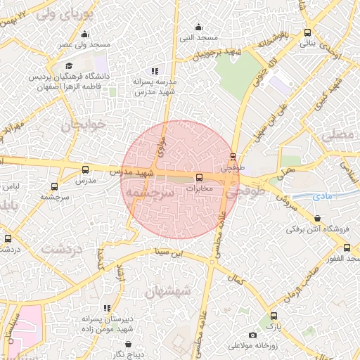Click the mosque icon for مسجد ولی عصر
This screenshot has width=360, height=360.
85,35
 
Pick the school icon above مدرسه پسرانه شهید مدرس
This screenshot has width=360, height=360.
155,71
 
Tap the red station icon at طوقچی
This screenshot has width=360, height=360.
233,157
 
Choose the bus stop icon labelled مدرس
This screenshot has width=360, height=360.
86,169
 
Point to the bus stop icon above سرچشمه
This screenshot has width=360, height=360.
55,187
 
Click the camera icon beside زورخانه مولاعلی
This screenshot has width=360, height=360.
253,336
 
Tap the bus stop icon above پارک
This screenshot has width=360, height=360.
274,316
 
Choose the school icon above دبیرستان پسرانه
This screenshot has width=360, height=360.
107,308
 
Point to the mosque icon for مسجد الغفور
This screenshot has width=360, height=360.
347,247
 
